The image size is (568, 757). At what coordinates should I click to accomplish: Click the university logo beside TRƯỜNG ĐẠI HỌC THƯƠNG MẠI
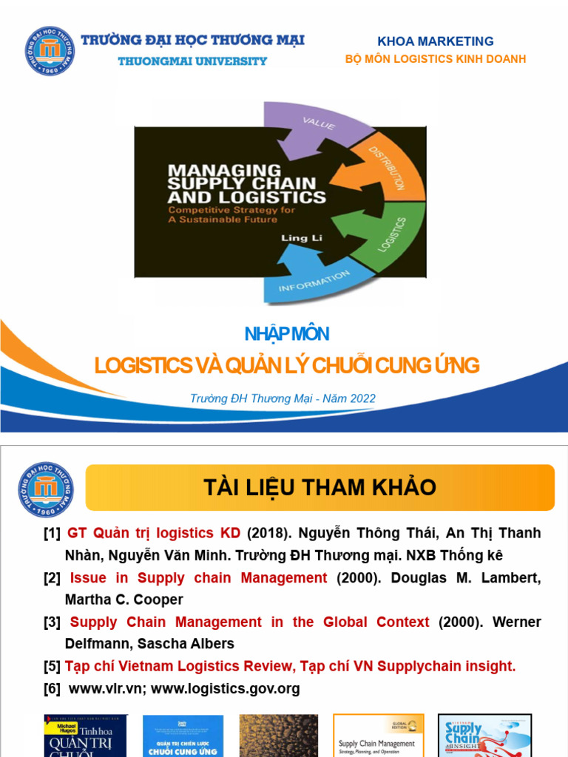(50, 51)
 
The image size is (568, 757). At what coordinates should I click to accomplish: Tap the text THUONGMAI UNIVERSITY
(192, 61)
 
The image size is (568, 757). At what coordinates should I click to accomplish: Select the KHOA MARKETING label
(436, 41)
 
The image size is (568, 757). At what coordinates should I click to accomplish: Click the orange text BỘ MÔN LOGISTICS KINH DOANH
(436, 59)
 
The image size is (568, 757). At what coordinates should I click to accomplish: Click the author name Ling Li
(295, 237)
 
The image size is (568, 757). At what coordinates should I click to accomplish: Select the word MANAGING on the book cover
(224, 170)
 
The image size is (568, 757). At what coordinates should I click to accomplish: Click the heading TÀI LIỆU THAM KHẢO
(319, 488)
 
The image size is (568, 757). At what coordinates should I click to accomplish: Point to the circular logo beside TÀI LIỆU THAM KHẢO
(46, 489)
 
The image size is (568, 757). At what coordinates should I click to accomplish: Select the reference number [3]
(52, 622)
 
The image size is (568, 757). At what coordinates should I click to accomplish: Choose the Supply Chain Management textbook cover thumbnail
(378, 735)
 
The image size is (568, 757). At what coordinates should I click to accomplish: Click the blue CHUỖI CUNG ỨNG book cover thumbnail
(183, 735)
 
